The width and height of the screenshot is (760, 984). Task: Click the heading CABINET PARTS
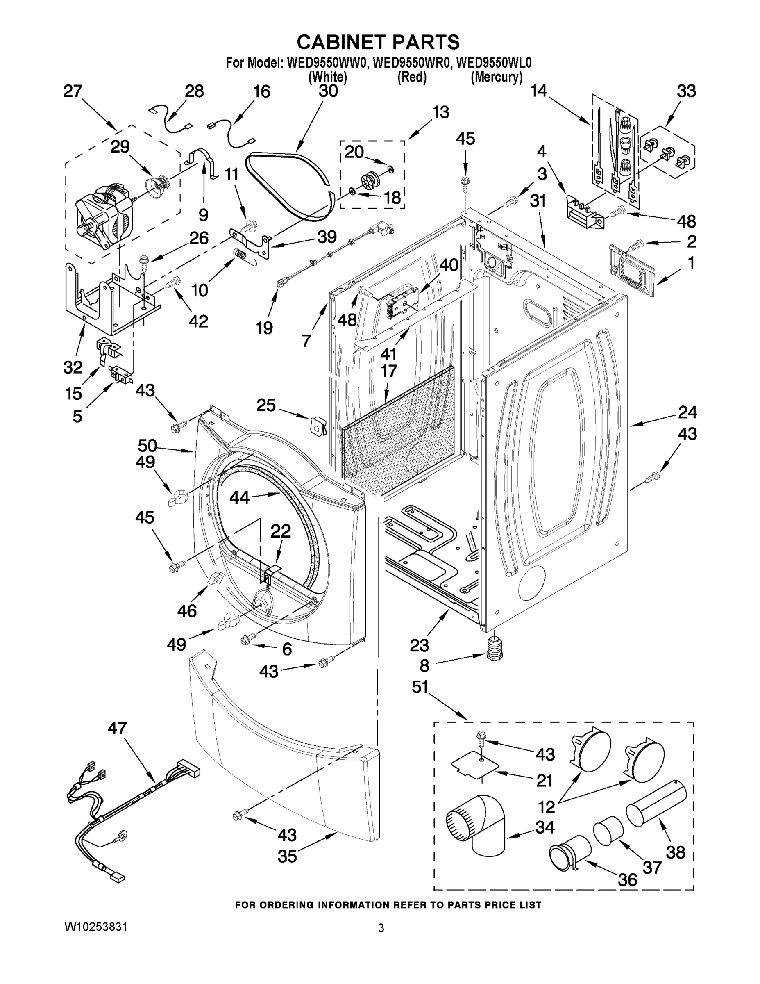[x=378, y=42]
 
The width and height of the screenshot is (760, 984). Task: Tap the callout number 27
[x=73, y=91]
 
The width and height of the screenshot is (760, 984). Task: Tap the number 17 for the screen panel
[x=388, y=371]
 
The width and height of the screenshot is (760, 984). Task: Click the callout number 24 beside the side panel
[x=687, y=412]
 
